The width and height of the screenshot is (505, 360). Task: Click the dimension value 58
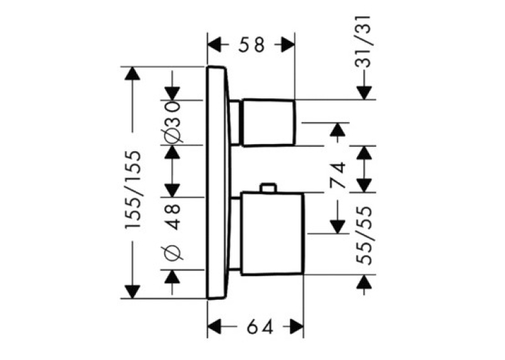[x=252, y=45]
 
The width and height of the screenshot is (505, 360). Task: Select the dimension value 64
[x=260, y=328]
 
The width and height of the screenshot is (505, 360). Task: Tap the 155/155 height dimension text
[x=133, y=190]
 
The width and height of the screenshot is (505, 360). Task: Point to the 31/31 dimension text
[x=363, y=41]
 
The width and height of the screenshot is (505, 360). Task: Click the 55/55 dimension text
[x=364, y=235]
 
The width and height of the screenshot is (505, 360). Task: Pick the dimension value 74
[x=337, y=175]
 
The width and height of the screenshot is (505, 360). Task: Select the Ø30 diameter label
[x=172, y=122]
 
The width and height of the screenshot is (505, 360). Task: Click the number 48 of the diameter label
[x=174, y=217]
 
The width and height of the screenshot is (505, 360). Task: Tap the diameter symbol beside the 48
[x=173, y=253]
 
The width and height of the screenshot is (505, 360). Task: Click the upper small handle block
[x=269, y=122]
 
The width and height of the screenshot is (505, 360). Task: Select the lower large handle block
[x=272, y=234]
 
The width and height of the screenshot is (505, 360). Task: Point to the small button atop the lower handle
[x=268, y=188]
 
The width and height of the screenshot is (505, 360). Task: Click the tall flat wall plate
[x=219, y=183]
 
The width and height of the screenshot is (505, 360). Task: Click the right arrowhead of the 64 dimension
[x=296, y=328]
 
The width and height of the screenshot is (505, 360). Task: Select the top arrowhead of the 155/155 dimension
[x=132, y=73]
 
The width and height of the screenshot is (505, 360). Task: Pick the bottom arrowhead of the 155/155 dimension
[x=132, y=292]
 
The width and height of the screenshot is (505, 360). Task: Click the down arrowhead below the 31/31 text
[x=364, y=93]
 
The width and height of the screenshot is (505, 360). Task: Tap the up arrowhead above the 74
[x=337, y=129]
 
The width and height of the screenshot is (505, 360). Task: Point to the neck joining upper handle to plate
[x=234, y=122]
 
